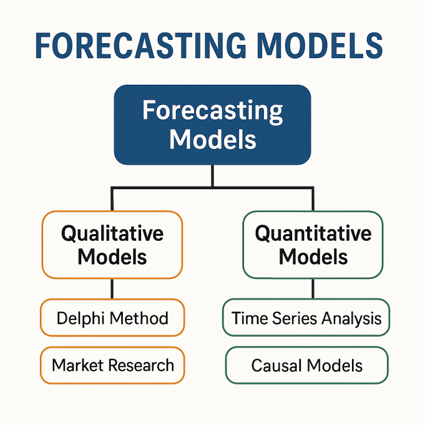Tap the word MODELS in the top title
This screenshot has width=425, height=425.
tap(319, 46)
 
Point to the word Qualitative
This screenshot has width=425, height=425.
tap(112, 233)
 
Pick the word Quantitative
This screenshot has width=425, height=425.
tap(313, 233)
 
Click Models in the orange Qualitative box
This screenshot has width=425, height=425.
tap(112, 257)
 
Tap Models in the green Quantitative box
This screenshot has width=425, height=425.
tap(313, 257)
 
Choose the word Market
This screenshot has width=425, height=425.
tap(78, 365)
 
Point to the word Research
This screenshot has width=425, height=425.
tap(141, 365)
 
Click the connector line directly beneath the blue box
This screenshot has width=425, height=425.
tap(212, 176)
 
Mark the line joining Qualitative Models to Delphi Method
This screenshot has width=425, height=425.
tap(112, 288)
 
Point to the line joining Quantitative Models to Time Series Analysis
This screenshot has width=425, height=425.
tap(313, 288)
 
